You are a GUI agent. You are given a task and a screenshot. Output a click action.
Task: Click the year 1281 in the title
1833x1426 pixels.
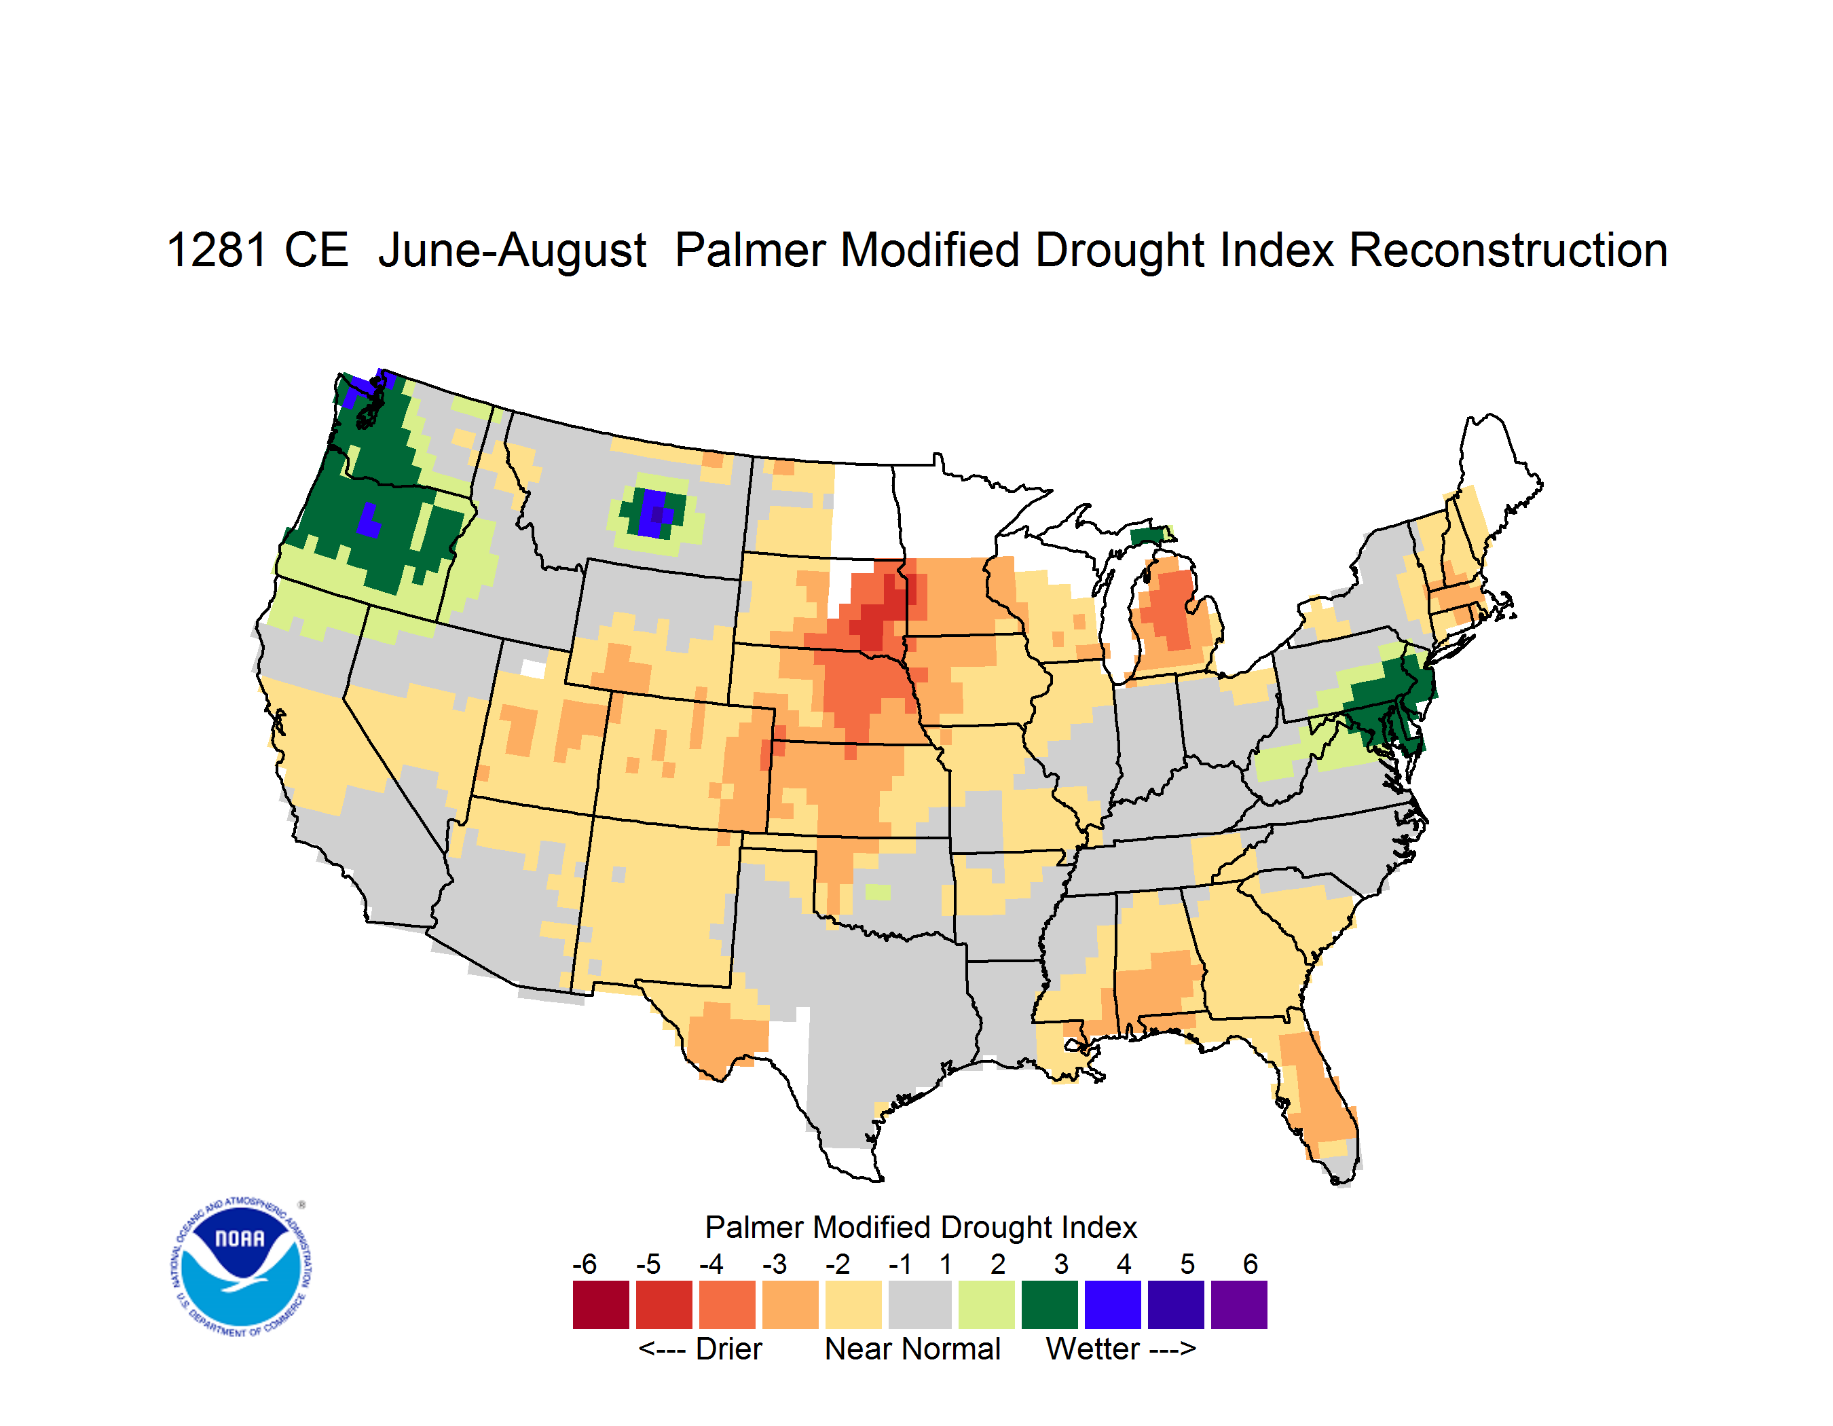tap(217, 250)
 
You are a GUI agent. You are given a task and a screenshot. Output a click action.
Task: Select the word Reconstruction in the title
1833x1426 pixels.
tap(1508, 250)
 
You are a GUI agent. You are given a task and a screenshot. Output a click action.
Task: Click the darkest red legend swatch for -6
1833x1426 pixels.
tap(601, 1304)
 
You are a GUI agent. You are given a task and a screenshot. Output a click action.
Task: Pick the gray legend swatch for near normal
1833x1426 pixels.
tap(921, 1304)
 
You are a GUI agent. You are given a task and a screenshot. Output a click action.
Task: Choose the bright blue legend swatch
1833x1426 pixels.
tap(1113, 1304)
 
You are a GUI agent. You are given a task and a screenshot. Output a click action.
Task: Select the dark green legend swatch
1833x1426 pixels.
tap(1049, 1304)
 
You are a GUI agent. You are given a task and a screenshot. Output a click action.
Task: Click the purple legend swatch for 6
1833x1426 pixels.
tap(1239, 1304)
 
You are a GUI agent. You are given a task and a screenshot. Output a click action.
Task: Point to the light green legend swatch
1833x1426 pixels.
tap(986, 1304)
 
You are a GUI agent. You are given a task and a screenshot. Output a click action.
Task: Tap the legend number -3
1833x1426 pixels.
tap(775, 1264)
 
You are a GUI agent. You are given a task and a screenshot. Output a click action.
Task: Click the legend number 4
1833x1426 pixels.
tap(1124, 1264)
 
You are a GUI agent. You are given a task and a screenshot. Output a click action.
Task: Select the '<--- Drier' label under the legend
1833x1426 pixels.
tap(700, 1349)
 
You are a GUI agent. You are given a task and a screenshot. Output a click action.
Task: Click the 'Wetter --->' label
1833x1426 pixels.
tap(1120, 1349)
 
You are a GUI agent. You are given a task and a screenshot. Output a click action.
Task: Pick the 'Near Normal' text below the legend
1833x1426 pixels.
tap(912, 1349)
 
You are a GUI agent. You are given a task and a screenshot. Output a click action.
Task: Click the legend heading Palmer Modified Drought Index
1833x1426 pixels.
tap(921, 1227)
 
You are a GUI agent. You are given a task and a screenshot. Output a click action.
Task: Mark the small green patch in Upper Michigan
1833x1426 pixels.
tap(1147, 536)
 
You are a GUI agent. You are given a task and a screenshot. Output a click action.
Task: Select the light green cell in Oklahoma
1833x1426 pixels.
tap(878, 892)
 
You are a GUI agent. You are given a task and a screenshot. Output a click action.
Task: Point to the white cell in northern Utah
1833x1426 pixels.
tap(533, 669)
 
